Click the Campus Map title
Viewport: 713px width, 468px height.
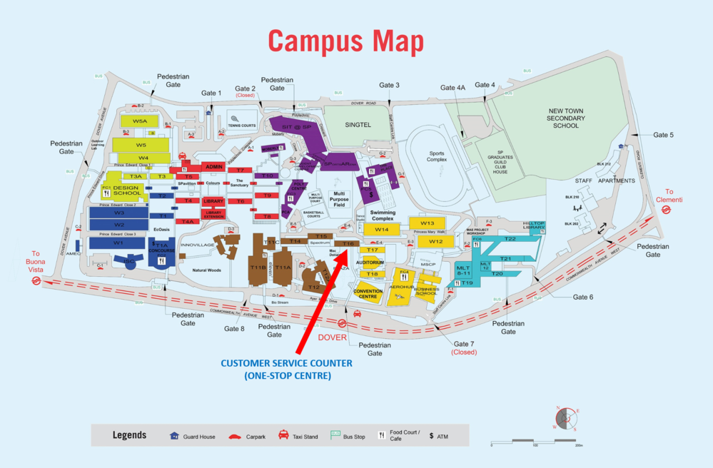(346, 41)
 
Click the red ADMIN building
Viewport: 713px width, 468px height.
(214, 166)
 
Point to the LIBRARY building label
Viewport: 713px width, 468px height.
(213, 201)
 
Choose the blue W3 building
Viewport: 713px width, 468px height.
(118, 213)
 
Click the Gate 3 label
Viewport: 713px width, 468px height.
(389, 86)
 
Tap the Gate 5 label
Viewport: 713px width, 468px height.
(663, 135)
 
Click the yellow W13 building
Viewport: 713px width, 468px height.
(427, 223)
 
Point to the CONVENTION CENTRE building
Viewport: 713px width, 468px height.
(368, 293)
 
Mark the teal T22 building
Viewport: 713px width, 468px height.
(510, 239)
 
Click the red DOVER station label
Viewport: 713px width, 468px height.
(333, 337)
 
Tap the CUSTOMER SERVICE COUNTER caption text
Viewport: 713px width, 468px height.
(286, 363)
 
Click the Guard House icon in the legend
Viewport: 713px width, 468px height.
(174, 435)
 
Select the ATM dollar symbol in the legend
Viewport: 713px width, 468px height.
(431, 435)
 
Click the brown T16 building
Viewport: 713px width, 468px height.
(348, 244)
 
